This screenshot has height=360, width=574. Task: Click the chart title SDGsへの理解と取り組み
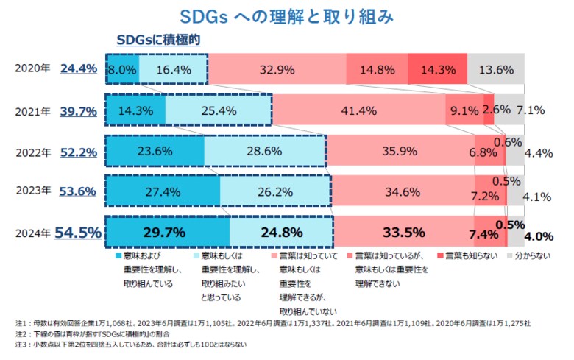[x=288, y=15]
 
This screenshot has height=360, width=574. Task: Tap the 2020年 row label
[x=34, y=68]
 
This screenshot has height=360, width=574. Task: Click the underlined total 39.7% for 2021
[x=78, y=111]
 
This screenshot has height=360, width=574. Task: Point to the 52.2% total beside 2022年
[x=78, y=152]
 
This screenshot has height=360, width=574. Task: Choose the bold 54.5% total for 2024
[x=77, y=233]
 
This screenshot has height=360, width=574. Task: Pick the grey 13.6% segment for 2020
[x=496, y=70]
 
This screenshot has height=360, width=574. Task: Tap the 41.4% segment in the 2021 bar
[x=358, y=111]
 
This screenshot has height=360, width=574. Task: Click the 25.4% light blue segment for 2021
[x=218, y=111]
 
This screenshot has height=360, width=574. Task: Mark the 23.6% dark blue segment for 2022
[x=155, y=152]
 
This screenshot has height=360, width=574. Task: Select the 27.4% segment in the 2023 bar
[x=163, y=193]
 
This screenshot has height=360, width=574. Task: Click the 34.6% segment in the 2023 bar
[x=403, y=193]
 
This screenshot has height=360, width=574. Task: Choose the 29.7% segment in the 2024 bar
[x=168, y=233]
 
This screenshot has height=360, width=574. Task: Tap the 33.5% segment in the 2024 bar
[x=404, y=233]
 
